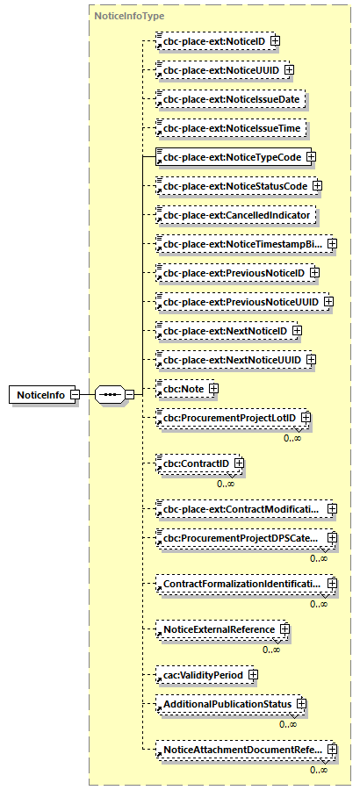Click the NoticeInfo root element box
click(40, 395)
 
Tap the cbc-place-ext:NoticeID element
click(211, 40)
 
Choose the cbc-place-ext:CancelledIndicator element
click(235, 214)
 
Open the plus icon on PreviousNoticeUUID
click(328, 302)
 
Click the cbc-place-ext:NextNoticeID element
click(222, 331)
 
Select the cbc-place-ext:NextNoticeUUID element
click(229, 360)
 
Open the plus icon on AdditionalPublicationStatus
click(300, 704)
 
